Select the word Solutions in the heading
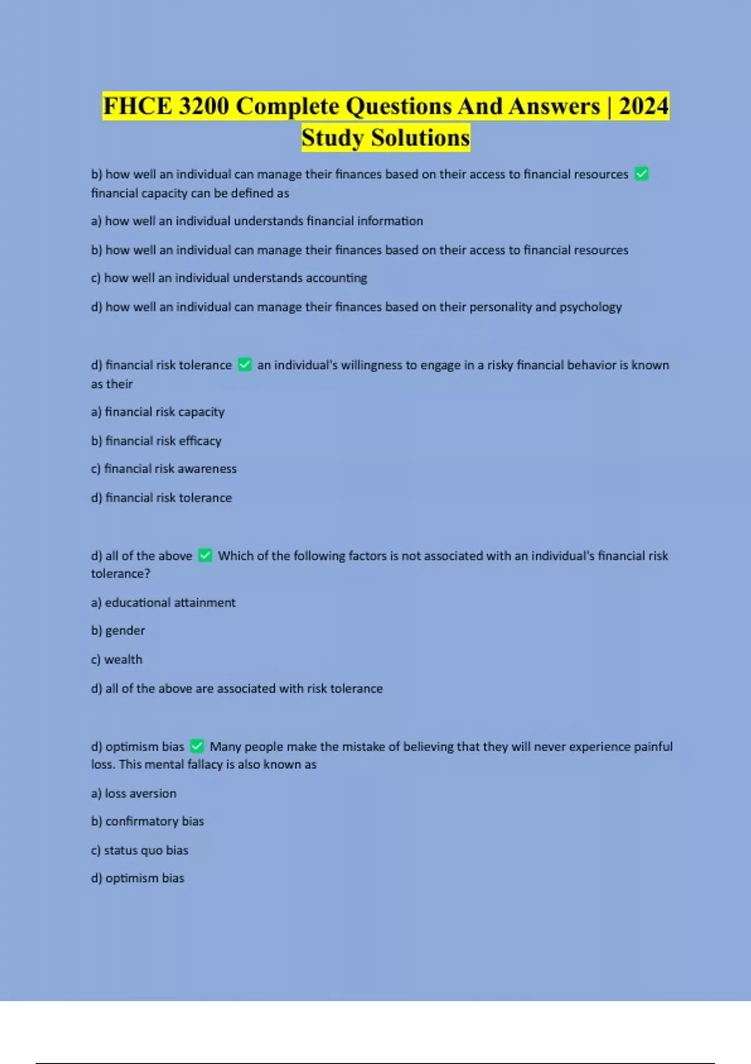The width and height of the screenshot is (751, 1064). (420, 138)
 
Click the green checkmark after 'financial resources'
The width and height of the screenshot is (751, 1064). (641, 174)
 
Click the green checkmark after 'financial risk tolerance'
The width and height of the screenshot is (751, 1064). (245, 364)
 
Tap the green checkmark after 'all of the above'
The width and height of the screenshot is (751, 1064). (205, 555)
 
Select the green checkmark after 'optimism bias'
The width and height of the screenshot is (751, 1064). (197, 746)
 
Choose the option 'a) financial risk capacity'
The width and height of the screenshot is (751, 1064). (158, 412)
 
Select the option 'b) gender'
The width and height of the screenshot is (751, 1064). (118, 631)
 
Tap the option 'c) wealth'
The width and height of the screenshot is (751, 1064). (117, 660)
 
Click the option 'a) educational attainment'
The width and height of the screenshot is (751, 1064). (163, 603)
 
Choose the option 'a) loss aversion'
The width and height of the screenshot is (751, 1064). (134, 794)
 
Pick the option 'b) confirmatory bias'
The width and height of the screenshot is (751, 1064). (148, 821)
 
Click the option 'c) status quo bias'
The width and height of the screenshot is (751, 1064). (140, 850)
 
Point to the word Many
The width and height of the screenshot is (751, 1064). (225, 746)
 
